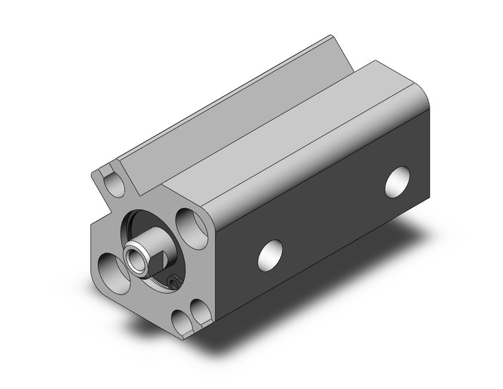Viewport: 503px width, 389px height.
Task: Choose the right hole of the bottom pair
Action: tap(199, 309)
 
